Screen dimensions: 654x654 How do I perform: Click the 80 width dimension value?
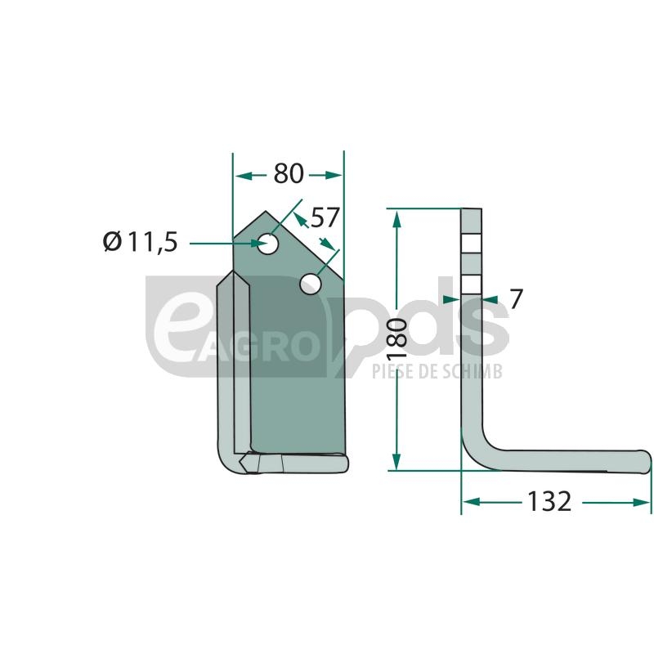pyautogui.click(x=289, y=173)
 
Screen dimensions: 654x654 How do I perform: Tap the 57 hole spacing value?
pyautogui.click(x=325, y=217)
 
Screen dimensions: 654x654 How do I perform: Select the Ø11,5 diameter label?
pyautogui.click(x=141, y=242)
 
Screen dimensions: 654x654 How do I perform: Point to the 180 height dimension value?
pyautogui.click(x=397, y=338)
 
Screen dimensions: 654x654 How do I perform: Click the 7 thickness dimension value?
pyautogui.click(x=516, y=298)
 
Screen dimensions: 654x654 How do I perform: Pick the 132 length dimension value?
pyautogui.click(x=549, y=501)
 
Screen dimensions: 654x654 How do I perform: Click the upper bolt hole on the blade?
pyautogui.click(x=268, y=244)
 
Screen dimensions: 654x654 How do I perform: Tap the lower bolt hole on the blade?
pyautogui.click(x=311, y=284)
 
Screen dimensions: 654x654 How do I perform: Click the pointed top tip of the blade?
pyautogui.click(x=266, y=211)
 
